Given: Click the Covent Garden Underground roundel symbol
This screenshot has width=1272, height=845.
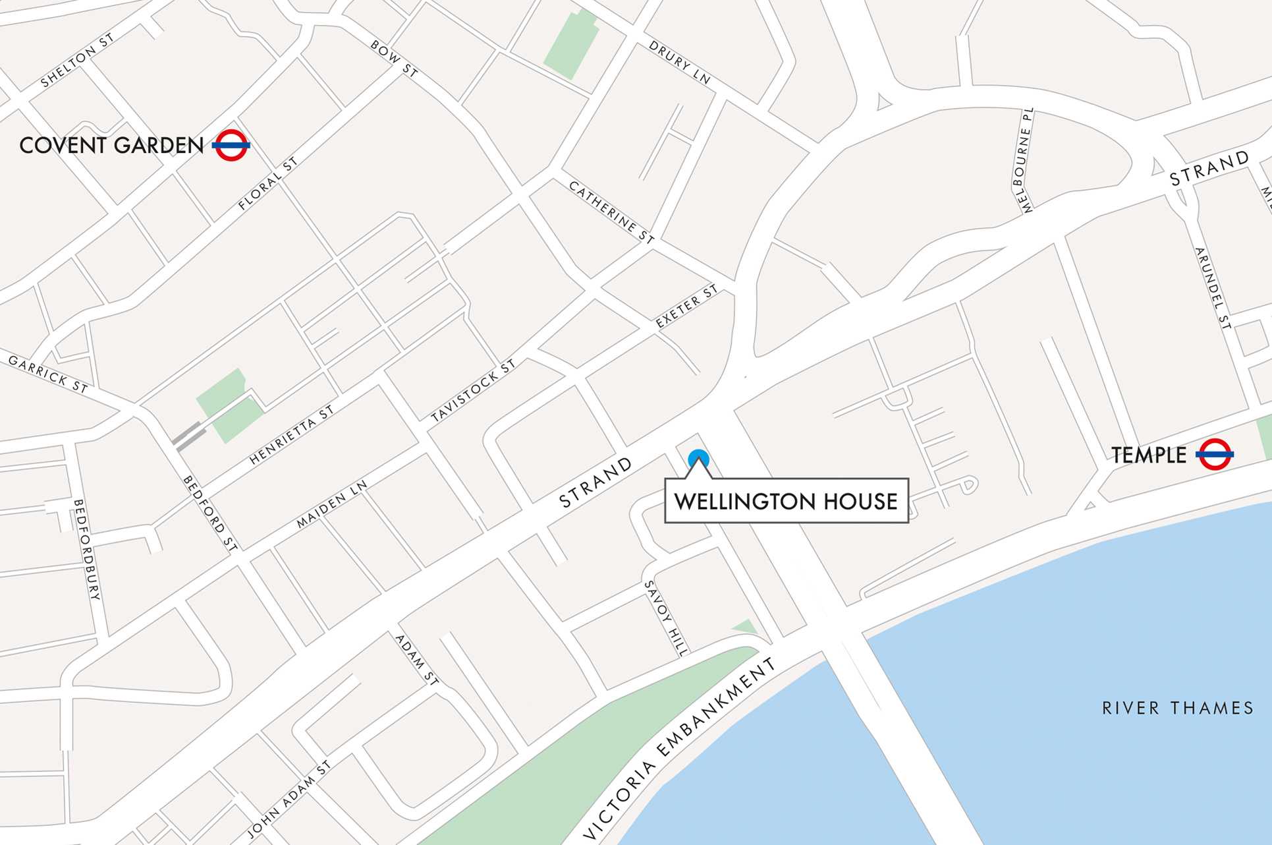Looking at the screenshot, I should (231, 145).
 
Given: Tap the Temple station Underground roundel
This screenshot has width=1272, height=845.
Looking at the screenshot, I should (1215, 454).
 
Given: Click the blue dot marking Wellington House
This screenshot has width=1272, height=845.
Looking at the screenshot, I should (698, 459).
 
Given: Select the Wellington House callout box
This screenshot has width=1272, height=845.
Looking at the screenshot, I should (786, 502).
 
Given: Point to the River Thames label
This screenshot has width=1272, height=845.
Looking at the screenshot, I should (1178, 708).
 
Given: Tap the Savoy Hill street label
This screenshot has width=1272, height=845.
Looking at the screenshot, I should (667, 618).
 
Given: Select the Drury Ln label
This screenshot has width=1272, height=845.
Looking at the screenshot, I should (680, 63).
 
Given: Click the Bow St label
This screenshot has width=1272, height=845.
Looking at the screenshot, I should (394, 59).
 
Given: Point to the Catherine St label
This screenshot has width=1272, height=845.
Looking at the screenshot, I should (611, 212).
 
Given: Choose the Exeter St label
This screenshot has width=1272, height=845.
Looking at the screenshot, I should (686, 306).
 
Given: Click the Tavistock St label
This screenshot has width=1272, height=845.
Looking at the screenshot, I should (473, 392).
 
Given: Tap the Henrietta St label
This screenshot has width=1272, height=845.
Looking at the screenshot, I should (292, 435).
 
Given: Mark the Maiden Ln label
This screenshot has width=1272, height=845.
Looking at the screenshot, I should (331, 504).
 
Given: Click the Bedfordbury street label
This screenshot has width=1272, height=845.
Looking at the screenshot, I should (86, 549).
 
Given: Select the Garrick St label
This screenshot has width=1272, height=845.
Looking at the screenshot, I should (48, 374).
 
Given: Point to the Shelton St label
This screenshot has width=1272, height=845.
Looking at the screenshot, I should (77, 60).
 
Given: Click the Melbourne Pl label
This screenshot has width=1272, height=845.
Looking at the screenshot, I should (1024, 161).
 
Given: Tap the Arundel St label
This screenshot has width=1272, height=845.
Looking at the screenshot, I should (1213, 288).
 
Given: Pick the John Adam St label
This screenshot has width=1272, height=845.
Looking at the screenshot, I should (289, 800).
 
